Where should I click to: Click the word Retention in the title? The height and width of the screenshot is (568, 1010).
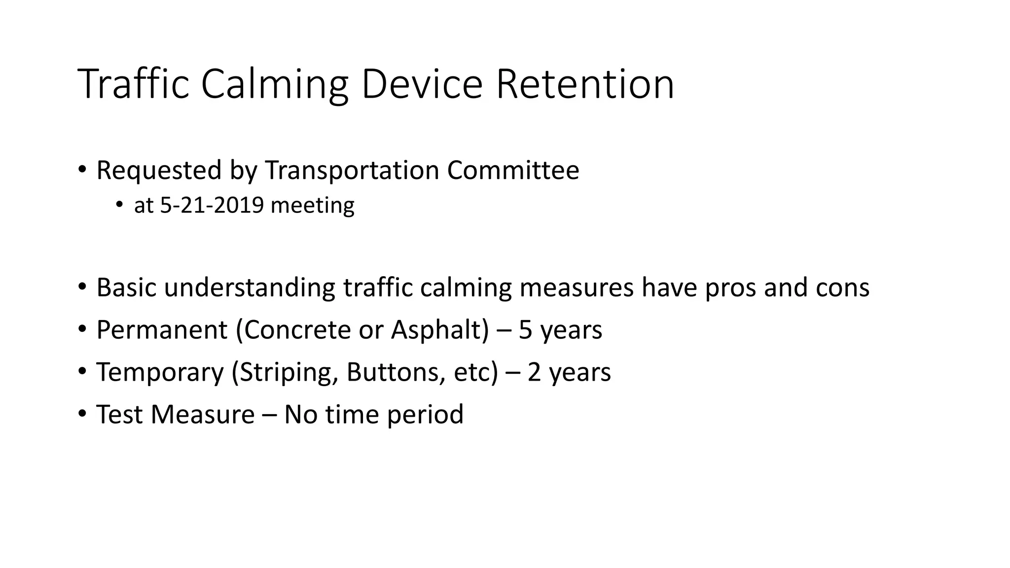584,84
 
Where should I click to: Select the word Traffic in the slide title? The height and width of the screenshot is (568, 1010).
133,84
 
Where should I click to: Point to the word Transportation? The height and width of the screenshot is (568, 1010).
352,171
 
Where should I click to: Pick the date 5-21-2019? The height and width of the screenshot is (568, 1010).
212,205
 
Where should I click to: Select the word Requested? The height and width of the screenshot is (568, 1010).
159,171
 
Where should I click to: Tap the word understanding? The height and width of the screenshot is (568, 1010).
250,288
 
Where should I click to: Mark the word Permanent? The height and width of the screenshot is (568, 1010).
162,330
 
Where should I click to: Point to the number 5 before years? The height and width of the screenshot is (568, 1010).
525,330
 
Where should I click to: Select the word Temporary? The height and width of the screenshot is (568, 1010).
160,373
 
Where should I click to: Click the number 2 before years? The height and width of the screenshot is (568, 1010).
534,372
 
